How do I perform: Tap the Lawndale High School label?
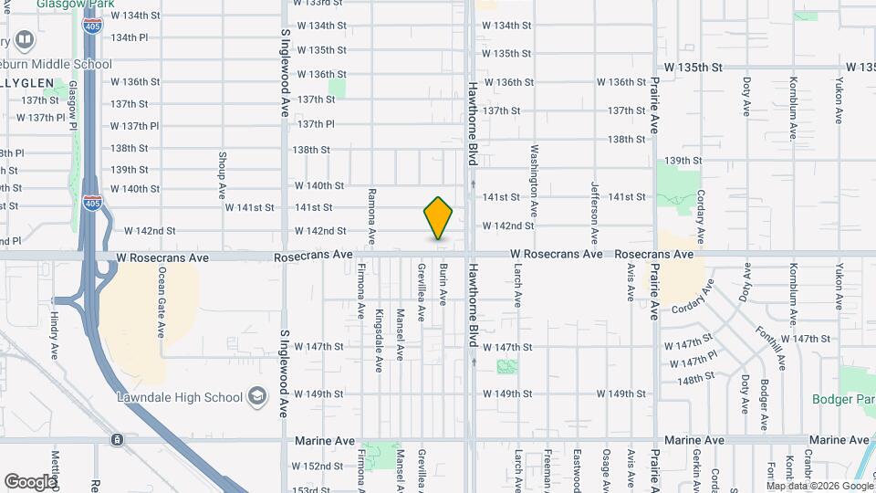179,397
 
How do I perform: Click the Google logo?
30,481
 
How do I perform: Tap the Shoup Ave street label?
222,175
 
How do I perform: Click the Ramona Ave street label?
371,215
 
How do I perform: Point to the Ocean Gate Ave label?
162,302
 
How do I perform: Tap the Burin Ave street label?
443,284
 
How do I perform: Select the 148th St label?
697,377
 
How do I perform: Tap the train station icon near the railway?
118,439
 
